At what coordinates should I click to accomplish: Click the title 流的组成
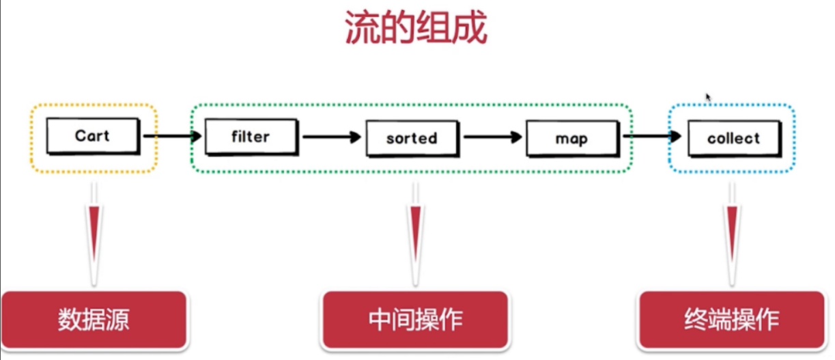tap(416, 29)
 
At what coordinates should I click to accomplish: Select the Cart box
tap(92, 136)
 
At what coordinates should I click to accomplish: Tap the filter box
tap(251, 137)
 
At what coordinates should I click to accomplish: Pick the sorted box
tap(411, 138)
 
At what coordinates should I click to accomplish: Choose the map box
tap(571, 139)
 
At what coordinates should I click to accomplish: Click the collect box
tap(733, 139)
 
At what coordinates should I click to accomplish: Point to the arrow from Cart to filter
tap(172, 136)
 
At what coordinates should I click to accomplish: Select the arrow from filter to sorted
tap(331, 137)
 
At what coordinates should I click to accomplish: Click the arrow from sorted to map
tap(492, 137)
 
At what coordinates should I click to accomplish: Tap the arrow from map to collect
tap(652, 136)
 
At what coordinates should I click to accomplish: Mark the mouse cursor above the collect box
tap(709, 98)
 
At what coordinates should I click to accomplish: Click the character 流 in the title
tap(363, 29)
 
